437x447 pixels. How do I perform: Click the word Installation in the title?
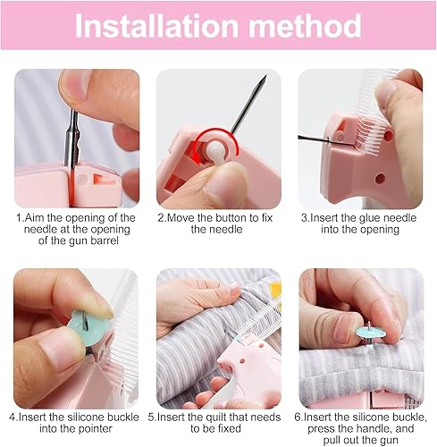point(156,26)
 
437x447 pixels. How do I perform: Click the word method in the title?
point(306,26)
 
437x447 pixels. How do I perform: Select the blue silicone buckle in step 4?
point(88,328)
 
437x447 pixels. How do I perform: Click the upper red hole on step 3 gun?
point(388,136)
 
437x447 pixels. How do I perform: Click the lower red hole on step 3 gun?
point(380,178)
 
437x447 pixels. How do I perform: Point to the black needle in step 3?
point(314,139)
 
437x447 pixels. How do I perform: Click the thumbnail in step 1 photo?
point(74,87)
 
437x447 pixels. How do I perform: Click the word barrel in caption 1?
point(105,240)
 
